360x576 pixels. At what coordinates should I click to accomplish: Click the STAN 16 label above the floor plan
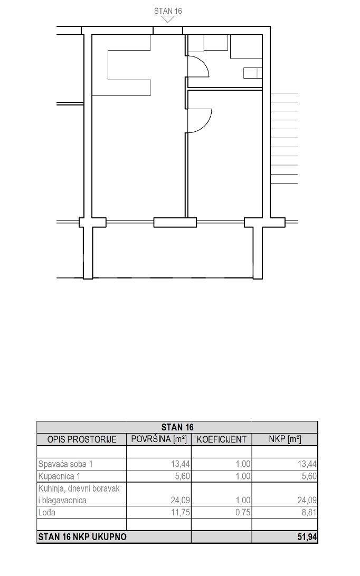pyautogui.click(x=168, y=11)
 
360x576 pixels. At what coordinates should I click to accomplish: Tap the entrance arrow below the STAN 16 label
pyautogui.click(x=168, y=19)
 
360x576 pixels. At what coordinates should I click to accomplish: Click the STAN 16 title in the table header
pyautogui.click(x=177, y=427)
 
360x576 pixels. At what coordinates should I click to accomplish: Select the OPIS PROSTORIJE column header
pyautogui.click(x=82, y=439)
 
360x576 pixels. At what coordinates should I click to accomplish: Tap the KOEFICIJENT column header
pyautogui.click(x=221, y=439)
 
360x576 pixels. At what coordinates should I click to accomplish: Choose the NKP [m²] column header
pyautogui.click(x=285, y=439)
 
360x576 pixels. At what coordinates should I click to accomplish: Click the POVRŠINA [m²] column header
pyautogui.click(x=159, y=439)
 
